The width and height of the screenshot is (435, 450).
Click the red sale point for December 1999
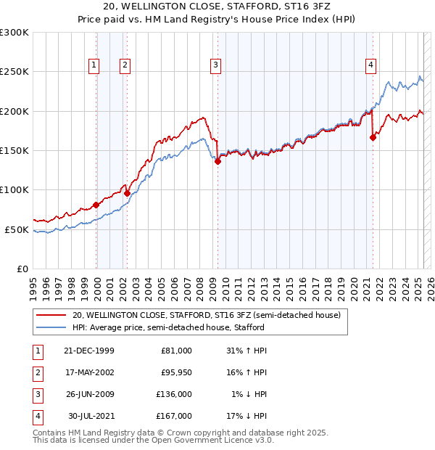click(x=96, y=205)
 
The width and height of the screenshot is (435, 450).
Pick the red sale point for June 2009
click(x=217, y=162)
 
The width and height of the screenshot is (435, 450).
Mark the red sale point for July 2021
click(x=373, y=137)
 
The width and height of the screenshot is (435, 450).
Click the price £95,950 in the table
click(x=174, y=372)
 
